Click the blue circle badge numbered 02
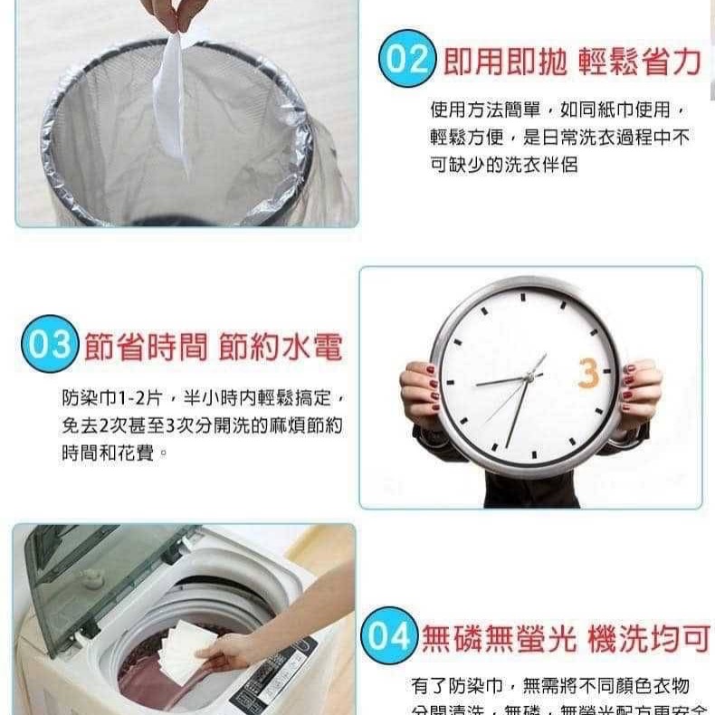point(407,60)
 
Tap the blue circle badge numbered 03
point(46,344)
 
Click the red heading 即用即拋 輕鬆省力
point(572,62)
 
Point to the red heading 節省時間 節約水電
point(214,347)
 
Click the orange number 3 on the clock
point(588,372)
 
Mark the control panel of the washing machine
point(272,679)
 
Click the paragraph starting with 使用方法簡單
point(561,137)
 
